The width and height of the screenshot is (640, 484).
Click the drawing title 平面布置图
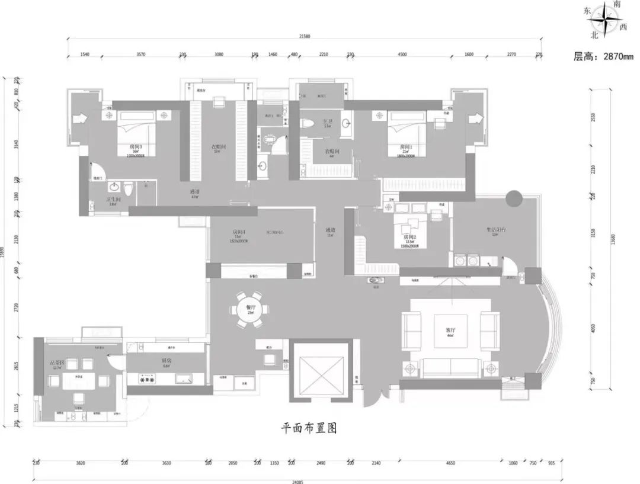309,428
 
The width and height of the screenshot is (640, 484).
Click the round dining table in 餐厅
249,309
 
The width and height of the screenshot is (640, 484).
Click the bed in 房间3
137,135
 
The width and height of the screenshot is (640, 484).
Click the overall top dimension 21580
304,37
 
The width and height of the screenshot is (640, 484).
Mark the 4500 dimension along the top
402,55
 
